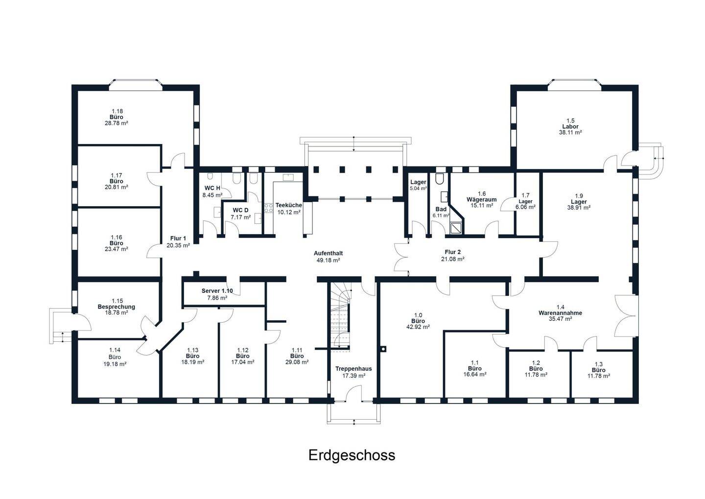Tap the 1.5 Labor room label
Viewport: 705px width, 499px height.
[570, 126]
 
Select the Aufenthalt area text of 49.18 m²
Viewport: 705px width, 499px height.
[328, 261]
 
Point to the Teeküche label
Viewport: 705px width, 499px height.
[289, 205]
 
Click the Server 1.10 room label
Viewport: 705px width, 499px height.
[217, 291]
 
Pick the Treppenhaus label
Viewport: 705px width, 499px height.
[353, 369]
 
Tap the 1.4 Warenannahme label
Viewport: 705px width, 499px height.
[560, 313]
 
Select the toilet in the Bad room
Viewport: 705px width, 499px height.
[440, 179]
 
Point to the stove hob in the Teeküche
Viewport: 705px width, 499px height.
[268, 208]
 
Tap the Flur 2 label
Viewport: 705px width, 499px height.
[452, 252]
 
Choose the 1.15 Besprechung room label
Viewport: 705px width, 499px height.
[116, 307]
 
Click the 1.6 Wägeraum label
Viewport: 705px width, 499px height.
[482, 200]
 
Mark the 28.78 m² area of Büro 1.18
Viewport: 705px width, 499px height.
[116, 123]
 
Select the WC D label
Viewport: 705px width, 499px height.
[240, 210]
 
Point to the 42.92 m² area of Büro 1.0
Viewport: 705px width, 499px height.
[418, 327]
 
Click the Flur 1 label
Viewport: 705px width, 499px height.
[178, 238]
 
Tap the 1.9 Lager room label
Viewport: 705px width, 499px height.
[579, 202]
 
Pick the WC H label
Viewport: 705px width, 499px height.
[212, 188]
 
